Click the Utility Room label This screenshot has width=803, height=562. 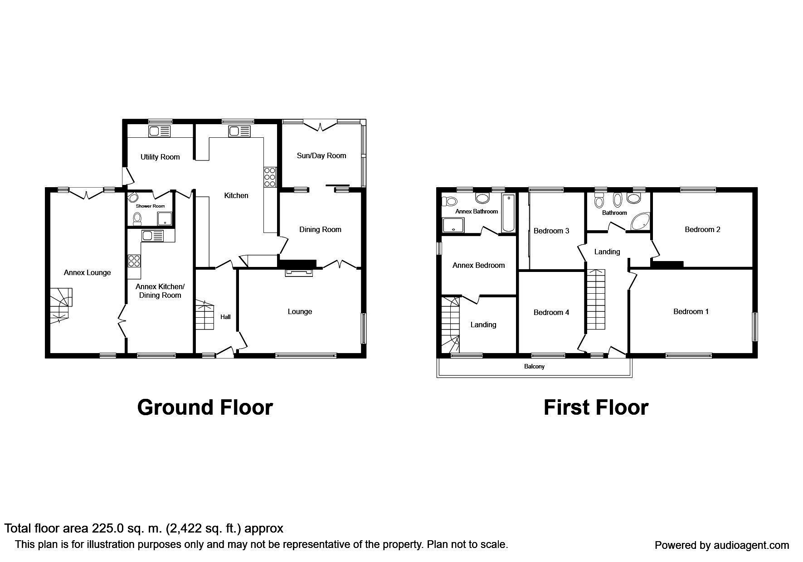[x=160, y=157]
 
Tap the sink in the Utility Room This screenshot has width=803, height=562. [x=159, y=131]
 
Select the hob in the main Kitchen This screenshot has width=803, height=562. [x=269, y=177]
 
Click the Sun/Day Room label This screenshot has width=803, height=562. [x=321, y=155]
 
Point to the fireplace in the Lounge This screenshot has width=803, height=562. [x=299, y=272]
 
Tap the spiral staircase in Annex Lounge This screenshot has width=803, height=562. [x=61, y=305]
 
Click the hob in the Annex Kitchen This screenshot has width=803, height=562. [x=134, y=261]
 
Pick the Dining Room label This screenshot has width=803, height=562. [x=320, y=229]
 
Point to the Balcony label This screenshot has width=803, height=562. [x=534, y=366]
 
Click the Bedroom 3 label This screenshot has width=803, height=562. [x=551, y=231]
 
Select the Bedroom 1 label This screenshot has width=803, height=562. [x=691, y=311]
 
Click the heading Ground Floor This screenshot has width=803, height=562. [x=204, y=407]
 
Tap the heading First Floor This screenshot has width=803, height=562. [x=595, y=407]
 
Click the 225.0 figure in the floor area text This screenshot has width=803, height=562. [x=107, y=528]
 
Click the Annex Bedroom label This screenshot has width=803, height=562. [x=478, y=265]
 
